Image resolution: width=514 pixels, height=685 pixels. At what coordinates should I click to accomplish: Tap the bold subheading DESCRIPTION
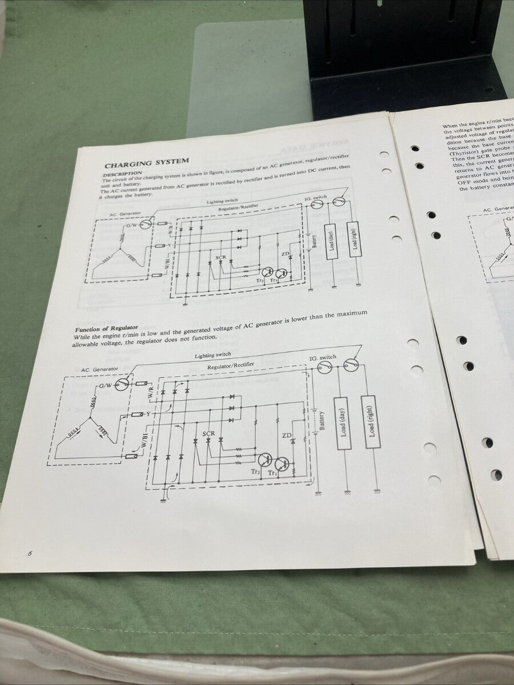coord(122,173)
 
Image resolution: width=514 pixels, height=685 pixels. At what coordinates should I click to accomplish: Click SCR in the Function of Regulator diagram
coord(209,434)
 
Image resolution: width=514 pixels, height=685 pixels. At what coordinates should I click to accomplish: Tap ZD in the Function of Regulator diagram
coord(286,436)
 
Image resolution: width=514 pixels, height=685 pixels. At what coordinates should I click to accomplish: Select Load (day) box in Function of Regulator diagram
coord(343,422)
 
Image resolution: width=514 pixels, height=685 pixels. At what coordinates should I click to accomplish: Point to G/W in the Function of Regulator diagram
coord(106,386)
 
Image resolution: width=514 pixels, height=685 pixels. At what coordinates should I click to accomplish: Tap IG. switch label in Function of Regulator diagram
coord(323,357)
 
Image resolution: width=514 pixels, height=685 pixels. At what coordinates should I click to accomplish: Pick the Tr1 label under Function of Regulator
coord(273,474)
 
